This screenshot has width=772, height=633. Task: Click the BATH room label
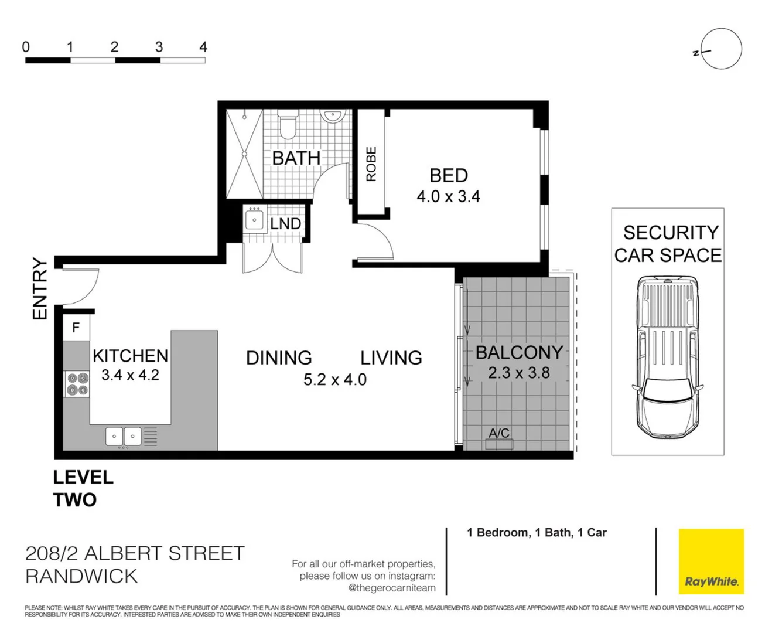tap(296, 158)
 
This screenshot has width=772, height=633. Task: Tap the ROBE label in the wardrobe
tap(371, 164)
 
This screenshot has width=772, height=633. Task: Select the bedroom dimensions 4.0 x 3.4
tap(448, 196)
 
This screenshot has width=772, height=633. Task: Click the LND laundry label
tap(285, 223)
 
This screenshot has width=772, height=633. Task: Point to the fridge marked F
tap(76, 328)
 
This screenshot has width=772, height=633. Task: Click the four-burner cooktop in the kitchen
tap(77, 384)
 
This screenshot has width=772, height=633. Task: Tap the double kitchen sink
tap(124, 436)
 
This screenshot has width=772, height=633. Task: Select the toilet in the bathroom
tap(288, 125)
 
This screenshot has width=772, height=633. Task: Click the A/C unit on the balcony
tap(499, 443)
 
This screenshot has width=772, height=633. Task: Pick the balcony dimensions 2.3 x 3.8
tap(518, 373)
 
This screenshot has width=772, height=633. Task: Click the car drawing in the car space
tap(668, 358)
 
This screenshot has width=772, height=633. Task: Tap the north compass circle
tap(721, 49)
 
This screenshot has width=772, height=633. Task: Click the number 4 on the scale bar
tap(203, 47)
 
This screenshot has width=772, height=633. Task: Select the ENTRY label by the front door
tap(39, 288)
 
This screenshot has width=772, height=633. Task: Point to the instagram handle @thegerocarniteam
tap(391, 588)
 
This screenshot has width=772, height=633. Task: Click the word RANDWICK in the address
tap(81, 576)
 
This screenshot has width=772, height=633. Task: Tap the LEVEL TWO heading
tap(83, 488)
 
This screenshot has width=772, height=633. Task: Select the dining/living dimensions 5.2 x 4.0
tap(334, 380)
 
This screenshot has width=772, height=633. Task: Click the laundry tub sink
tap(254, 220)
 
